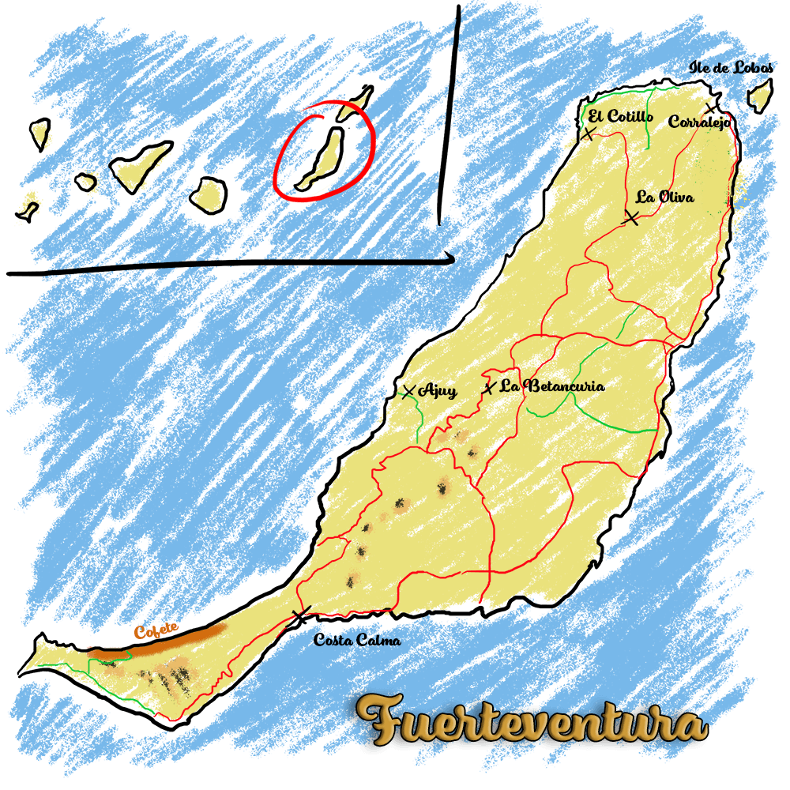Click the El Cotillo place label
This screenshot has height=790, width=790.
(x=620, y=117)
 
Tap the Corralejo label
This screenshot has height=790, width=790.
(x=698, y=122)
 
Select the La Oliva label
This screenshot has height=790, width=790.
(x=664, y=197)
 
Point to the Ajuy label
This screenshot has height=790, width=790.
(x=438, y=390)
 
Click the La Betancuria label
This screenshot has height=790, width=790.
(x=554, y=386)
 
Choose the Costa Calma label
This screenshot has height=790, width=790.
(x=356, y=640)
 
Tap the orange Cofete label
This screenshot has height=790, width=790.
(x=156, y=631)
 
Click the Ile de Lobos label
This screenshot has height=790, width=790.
(x=731, y=68)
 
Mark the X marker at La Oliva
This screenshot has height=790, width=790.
(x=630, y=217)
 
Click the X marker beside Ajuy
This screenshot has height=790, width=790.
(x=408, y=391)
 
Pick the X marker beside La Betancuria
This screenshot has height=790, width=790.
(x=490, y=387)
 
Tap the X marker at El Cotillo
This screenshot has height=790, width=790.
(x=587, y=134)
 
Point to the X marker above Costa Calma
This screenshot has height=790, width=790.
(x=301, y=614)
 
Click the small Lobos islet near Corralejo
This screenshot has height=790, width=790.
(x=760, y=96)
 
